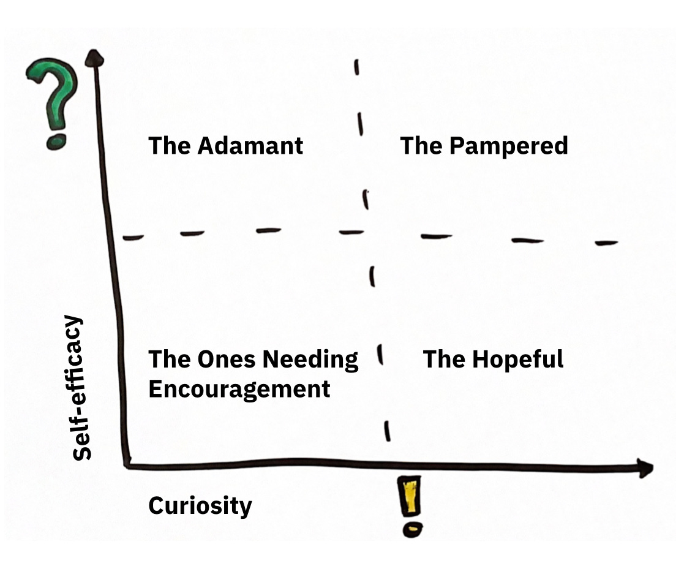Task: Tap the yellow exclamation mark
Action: click(x=411, y=497)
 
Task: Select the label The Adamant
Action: click(x=225, y=146)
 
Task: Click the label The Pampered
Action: click(x=484, y=146)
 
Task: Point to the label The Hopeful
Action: click(x=493, y=359)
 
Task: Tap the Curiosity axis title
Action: click(x=200, y=506)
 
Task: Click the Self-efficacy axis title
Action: click(x=82, y=388)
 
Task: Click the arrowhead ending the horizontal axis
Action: click(x=644, y=467)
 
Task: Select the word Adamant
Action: click(x=250, y=146)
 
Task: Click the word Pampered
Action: click(x=508, y=146)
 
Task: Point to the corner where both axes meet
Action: click(x=127, y=464)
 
